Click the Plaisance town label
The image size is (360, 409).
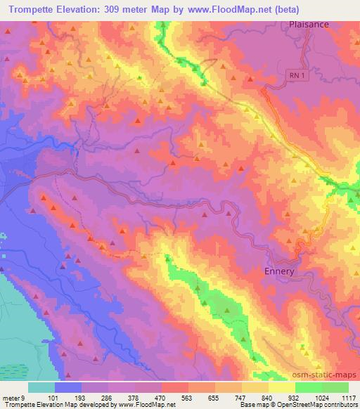[309, 23]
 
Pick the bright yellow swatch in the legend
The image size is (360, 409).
[281, 387]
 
